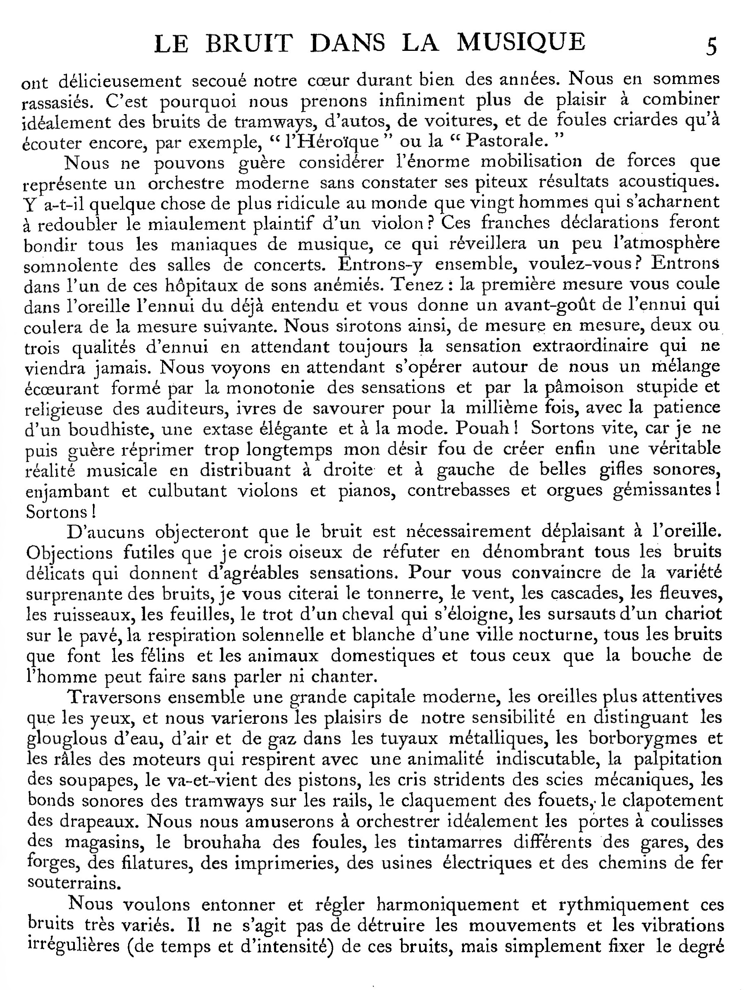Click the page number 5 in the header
point(711,47)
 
